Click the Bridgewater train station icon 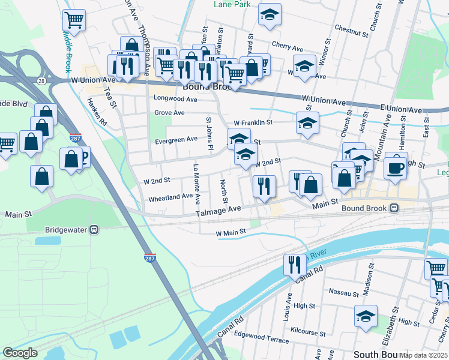pos(94,230)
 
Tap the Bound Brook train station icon pos(394,208)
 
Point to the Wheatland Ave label pos(170,196)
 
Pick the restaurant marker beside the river pos(294,264)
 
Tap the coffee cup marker pos(395,167)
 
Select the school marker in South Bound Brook pos(366,316)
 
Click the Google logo pos(20,353)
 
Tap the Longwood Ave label pos(175,98)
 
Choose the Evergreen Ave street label pos(176,139)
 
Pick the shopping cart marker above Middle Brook pos(74,19)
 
